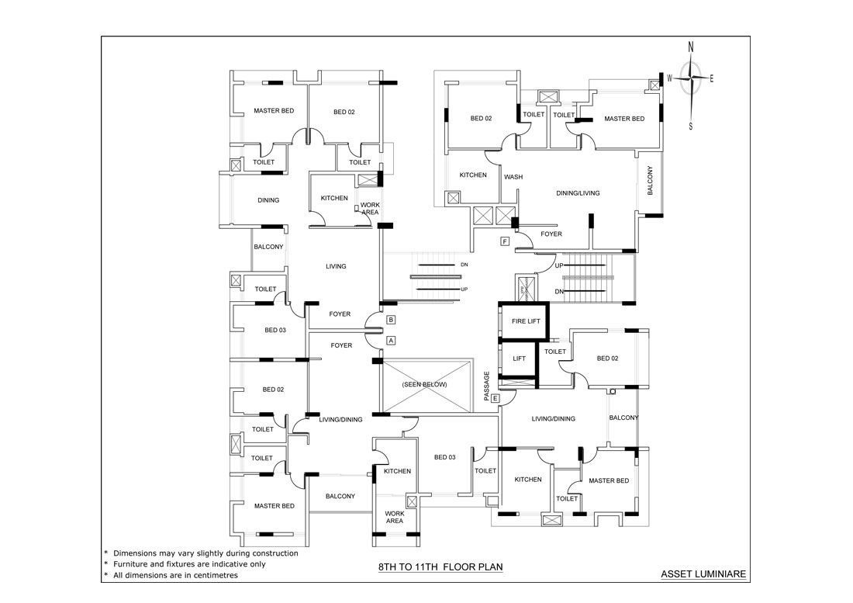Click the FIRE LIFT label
click(526, 321)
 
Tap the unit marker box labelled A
click(391, 341)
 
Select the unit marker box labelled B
click(391, 320)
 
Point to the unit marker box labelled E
click(495, 399)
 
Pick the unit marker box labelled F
click(505, 241)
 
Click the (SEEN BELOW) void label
click(425, 384)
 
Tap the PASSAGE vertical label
click(487, 386)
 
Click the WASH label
click(513, 177)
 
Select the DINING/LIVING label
click(578, 193)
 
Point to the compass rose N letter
click(691, 47)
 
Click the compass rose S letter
click(691, 126)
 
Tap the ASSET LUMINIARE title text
click(703, 574)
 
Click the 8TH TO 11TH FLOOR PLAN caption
click(440, 567)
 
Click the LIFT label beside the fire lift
click(520, 359)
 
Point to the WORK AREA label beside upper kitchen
click(370, 209)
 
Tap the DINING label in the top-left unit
click(268, 200)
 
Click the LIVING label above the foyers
click(336, 266)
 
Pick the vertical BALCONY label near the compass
click(650, 181)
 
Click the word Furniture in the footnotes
click(130, 564)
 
